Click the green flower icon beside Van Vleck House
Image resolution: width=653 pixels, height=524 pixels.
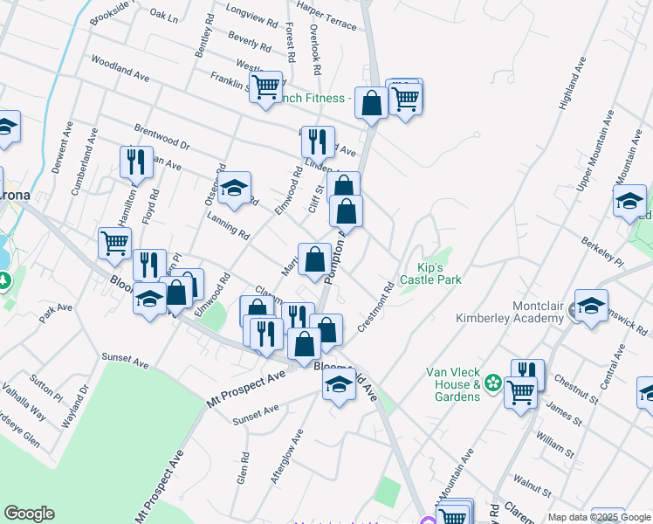493,383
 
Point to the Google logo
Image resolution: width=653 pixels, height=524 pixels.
29,514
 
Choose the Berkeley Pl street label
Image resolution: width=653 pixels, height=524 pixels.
601,251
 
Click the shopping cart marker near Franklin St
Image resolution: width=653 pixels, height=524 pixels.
265,86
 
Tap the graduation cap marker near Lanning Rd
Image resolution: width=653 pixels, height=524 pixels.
234,188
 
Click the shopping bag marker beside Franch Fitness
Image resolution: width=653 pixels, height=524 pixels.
371,103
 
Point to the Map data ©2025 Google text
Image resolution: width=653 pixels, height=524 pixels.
599,517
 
